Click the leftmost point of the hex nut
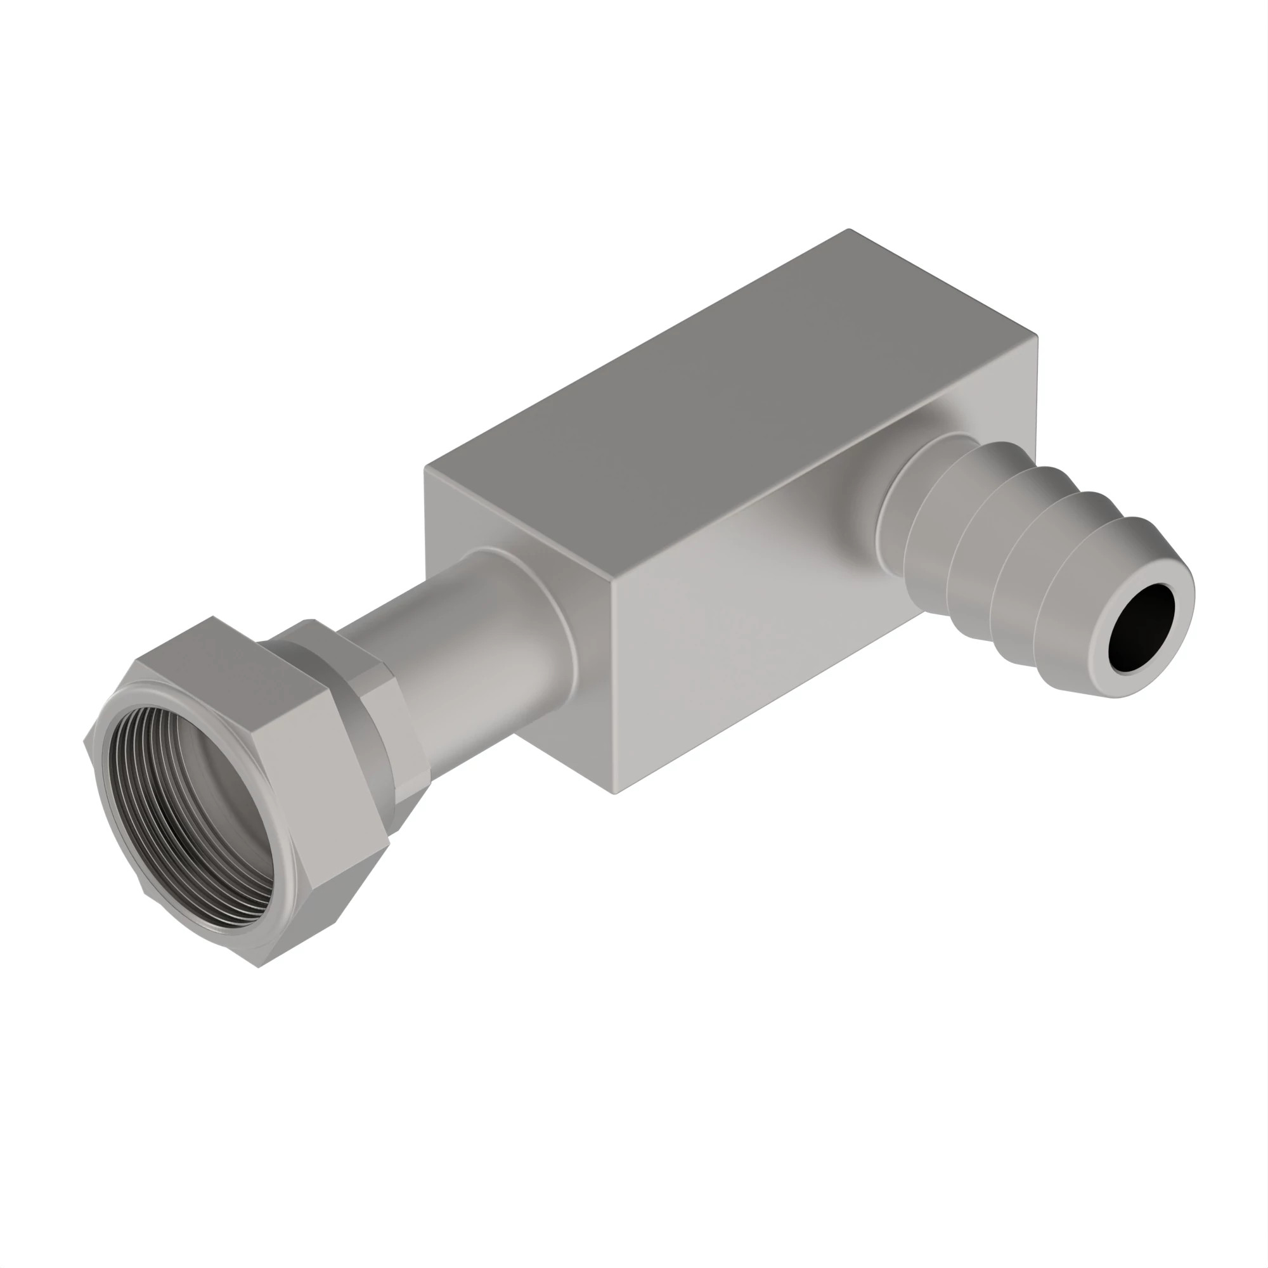[85, 742]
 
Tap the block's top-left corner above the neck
[426, 467]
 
